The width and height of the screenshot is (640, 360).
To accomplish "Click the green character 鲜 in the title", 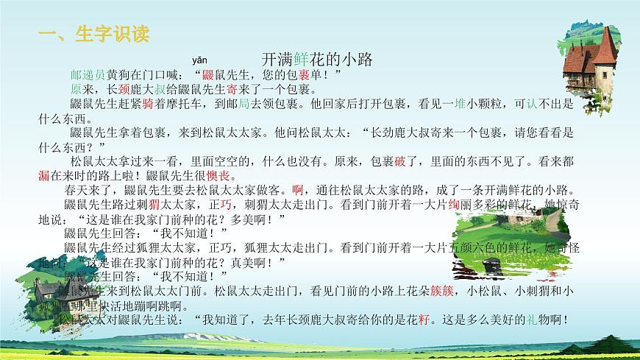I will pyautogui.click(x=300, y=59).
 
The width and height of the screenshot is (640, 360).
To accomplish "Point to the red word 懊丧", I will pyautogui.click(x=218, y=174).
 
